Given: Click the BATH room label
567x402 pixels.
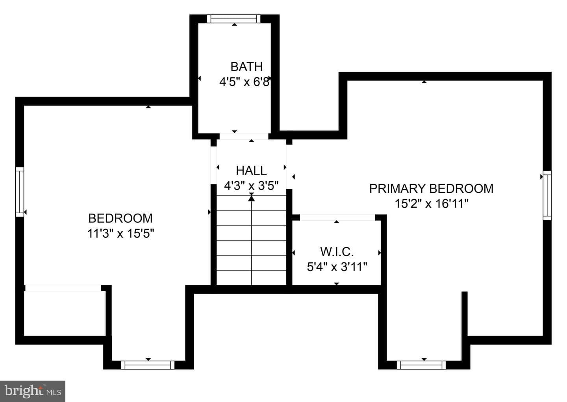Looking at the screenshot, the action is (246, 67).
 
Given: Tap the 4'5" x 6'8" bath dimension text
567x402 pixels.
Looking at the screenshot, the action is (245, 82).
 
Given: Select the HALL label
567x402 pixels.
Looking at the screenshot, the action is (251, 171).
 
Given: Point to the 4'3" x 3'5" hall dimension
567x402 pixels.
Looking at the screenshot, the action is (251, 186).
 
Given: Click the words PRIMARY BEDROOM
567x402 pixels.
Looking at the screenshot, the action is (431, 188).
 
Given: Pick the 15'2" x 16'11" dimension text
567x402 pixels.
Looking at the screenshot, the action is (432, 203).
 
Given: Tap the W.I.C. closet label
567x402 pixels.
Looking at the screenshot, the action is (337, 251).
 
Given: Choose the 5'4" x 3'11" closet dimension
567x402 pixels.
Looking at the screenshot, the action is (337, 267).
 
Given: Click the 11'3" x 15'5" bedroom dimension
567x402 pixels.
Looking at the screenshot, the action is (120, 233).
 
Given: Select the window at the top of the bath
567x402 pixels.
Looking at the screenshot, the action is (233, 19).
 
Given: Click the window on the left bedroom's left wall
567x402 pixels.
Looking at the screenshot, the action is (20, 192).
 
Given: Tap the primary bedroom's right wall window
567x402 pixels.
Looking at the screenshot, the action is (547, 195).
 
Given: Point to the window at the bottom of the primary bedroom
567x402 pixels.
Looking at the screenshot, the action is (421, 365).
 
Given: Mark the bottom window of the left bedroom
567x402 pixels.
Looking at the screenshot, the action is (148, 365).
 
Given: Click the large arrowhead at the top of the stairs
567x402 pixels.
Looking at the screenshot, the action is (251, 198).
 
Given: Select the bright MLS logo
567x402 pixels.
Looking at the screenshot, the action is (33, 391).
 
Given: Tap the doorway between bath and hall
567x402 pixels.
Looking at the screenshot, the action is (244, 136).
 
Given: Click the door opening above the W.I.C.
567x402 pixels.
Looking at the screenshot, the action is (337, 218).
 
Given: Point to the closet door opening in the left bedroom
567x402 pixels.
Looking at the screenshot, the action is (63, 288).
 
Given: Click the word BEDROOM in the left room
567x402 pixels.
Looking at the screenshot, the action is (120, 218).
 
